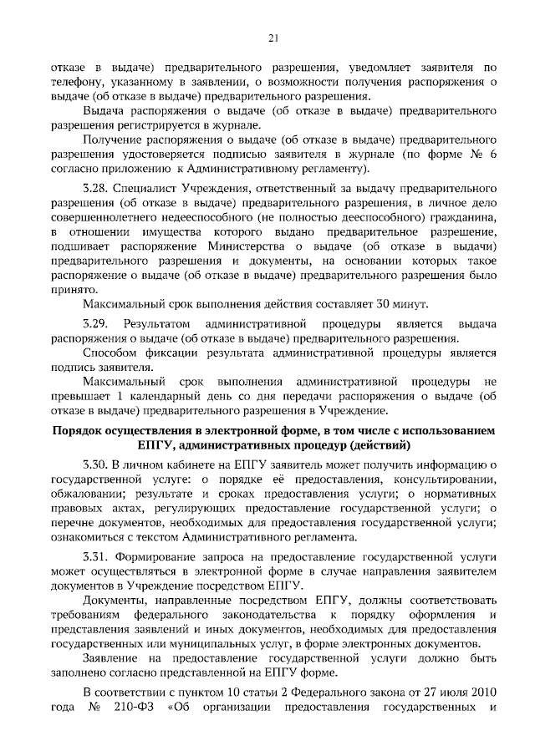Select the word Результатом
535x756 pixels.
click(x=156, y=323)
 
